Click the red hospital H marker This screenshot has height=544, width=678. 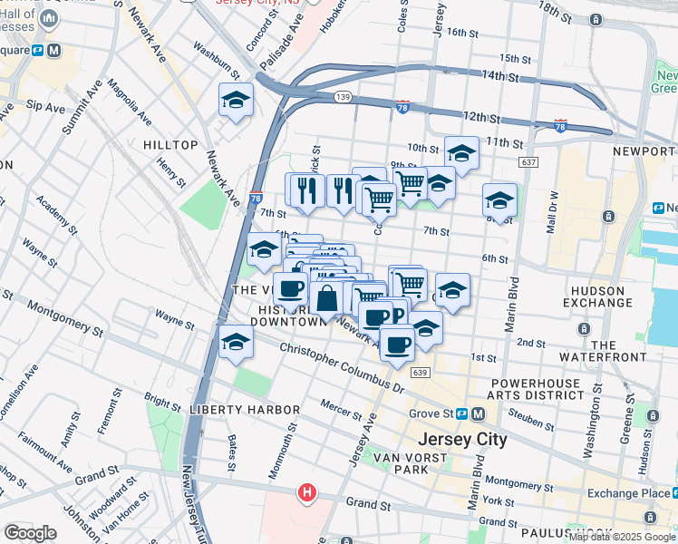point(308,493)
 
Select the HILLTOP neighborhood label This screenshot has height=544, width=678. point(170,145)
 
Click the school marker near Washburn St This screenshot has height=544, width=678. point(236,101)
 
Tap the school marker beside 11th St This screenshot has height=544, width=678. point(461,154)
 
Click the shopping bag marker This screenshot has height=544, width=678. point(326,297)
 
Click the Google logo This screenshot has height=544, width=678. point(30,533)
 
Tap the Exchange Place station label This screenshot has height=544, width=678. point(625,492)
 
